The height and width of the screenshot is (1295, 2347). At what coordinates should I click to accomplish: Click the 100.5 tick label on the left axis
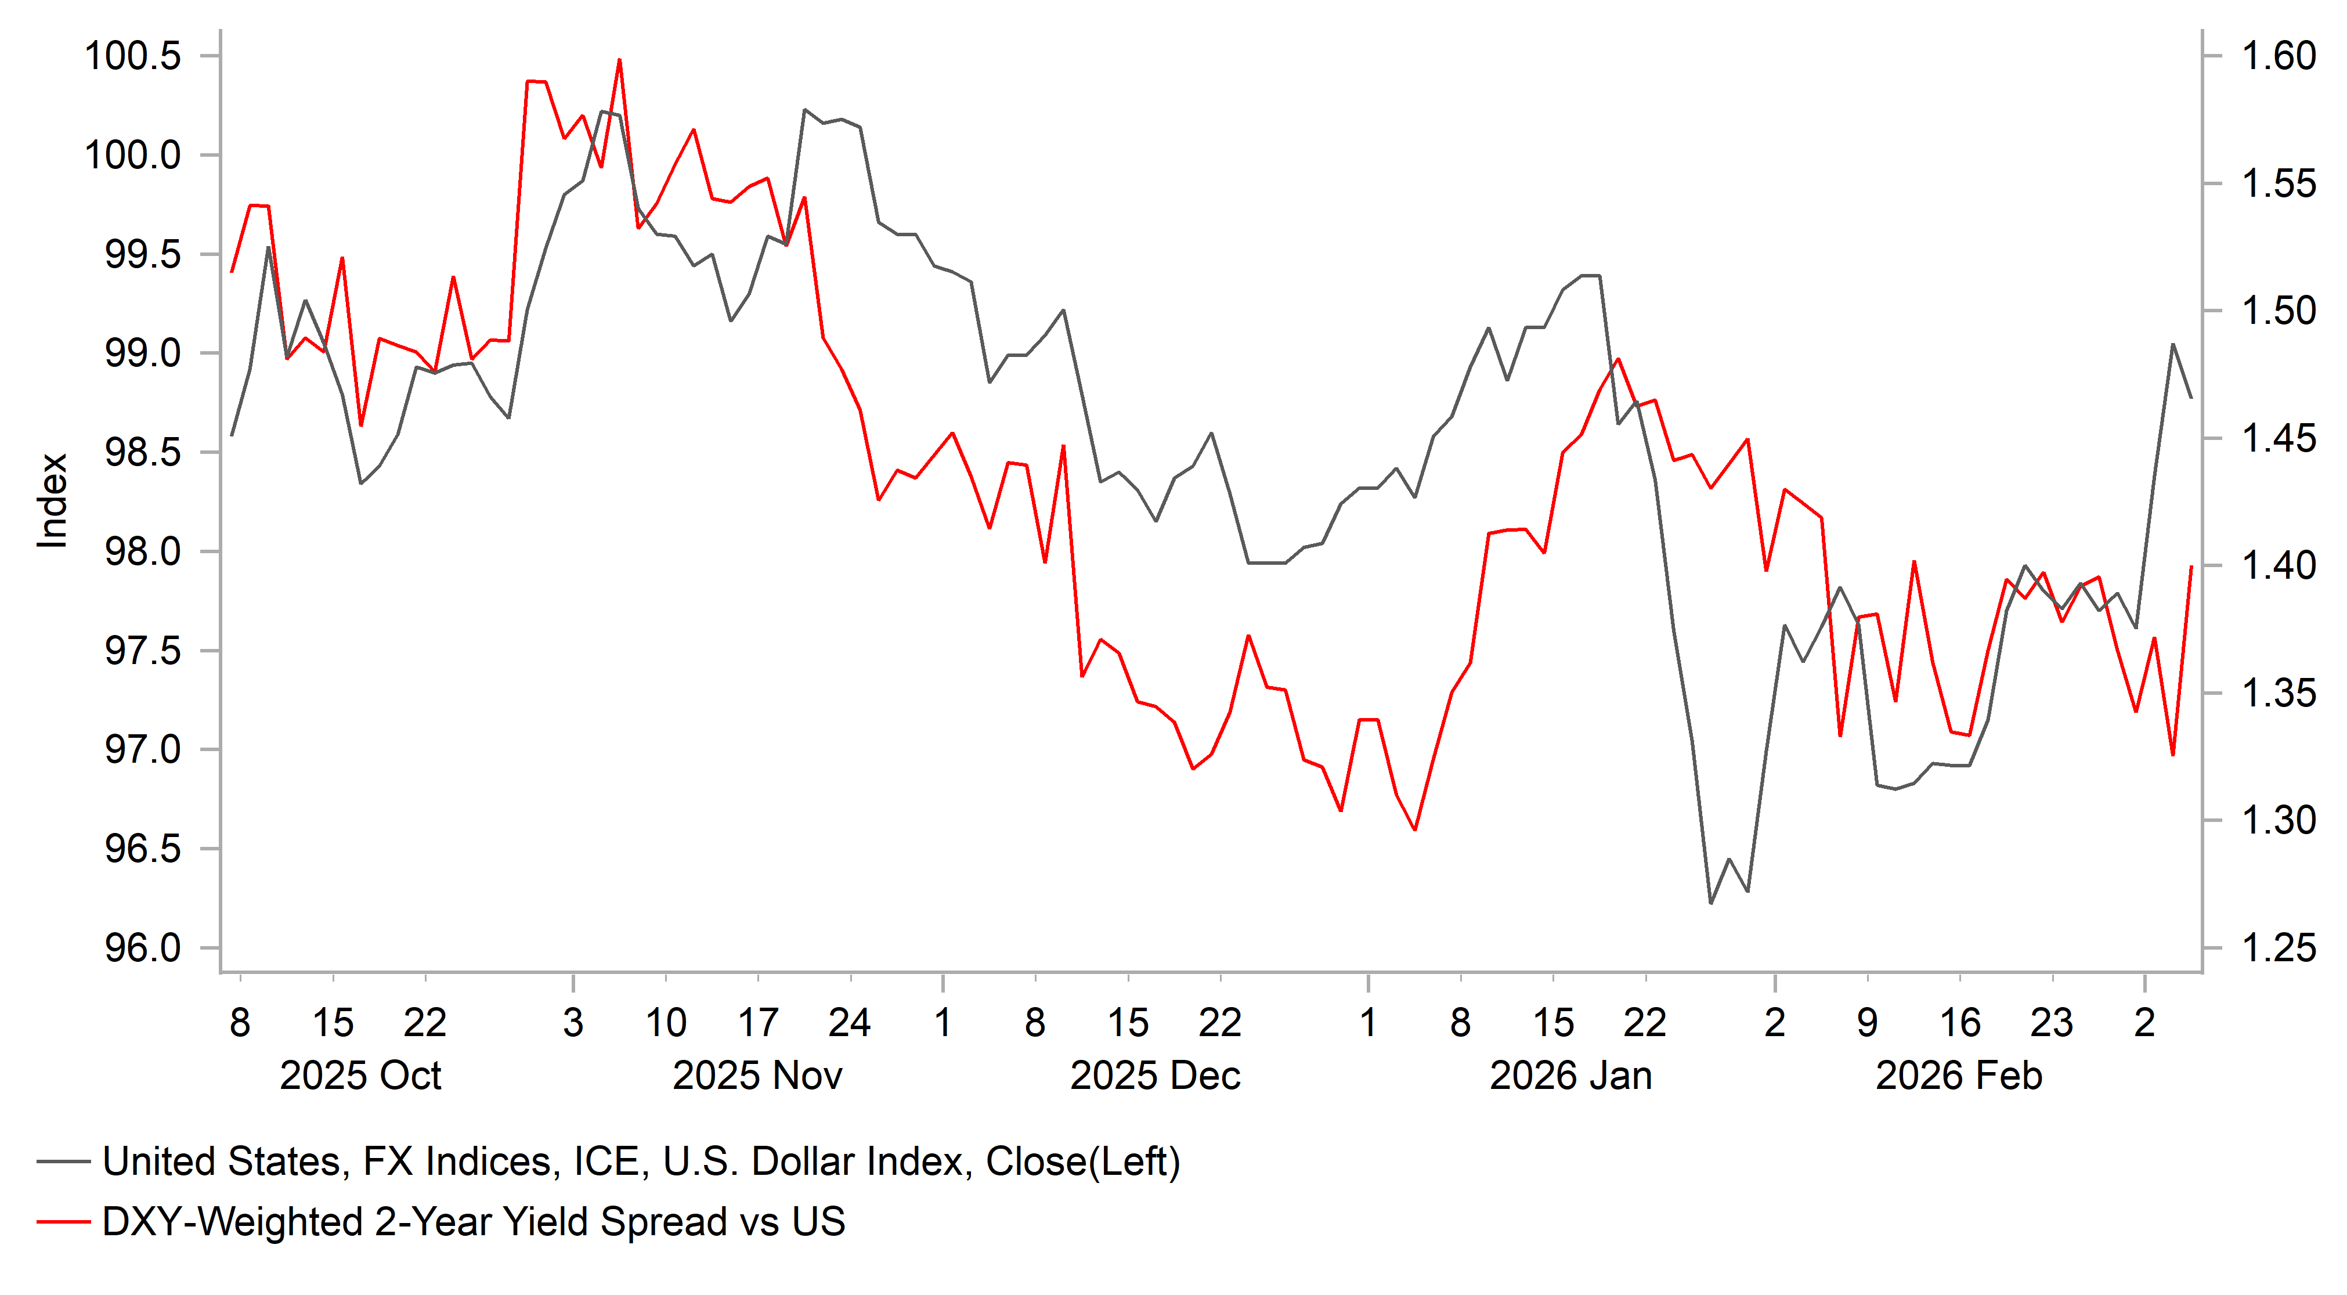click(133, 56)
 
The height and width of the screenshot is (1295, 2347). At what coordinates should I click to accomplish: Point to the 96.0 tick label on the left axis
click(143, 948)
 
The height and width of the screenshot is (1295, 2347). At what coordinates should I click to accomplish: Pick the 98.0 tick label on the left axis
click(143, 552)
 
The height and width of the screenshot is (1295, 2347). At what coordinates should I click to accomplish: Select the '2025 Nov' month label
click(757, 1076)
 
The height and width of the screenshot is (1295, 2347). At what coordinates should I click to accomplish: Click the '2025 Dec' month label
click(1154, 1076)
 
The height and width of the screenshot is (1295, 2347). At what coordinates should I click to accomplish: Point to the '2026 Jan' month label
click(1570, 1076)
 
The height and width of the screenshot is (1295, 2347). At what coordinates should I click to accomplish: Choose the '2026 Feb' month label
click(1959, 1076)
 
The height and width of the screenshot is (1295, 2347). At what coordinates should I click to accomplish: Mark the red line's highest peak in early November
click(620, 60)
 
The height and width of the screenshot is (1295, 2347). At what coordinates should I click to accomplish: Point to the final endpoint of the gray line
click(2191, 398)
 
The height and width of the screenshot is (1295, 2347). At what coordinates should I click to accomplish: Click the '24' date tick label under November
click(849, 1023)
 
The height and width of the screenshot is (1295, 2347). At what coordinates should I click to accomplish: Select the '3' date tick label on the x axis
click(573, 1023)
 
